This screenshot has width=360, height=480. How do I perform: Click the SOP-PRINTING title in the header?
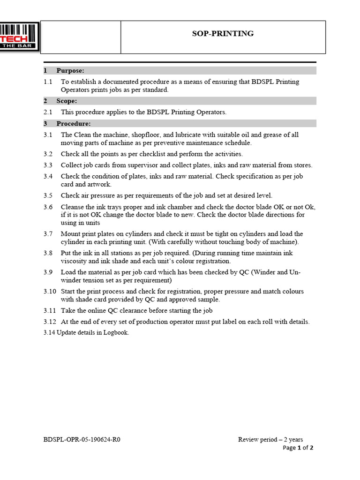coord(223,34)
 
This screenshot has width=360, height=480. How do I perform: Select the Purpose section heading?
coord(70,71)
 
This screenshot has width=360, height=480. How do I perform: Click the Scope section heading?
coord(67,101)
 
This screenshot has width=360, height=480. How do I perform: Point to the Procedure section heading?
coord(73,124)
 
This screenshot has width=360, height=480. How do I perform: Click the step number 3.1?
coord(48,135)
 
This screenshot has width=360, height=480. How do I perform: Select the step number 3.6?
coord(48,207)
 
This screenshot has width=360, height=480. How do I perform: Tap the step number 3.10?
coord(50,292)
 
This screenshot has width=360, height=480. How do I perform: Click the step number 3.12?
coord(50,322)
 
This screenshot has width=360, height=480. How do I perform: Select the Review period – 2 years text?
coord(270,440)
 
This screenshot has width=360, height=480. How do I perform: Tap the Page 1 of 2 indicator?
coord(298,448)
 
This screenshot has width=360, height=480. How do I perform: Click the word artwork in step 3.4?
coord(99,185)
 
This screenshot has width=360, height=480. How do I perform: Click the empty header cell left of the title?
coord(81,37)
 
